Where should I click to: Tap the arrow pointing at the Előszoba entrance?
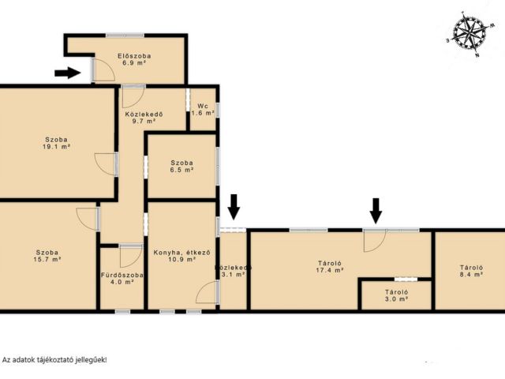[x=68, y=73]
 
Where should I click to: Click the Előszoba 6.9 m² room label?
[x=134, y=59]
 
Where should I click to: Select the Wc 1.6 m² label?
[x=203, y=110]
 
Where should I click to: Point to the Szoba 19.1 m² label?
[x=56, y=143]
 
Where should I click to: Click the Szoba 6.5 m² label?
[x=182, y=167]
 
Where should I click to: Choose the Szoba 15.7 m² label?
[x=47, y=256]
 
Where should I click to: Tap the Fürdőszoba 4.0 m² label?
[x=122, y=279]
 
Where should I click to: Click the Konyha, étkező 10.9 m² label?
[x=182, y=256]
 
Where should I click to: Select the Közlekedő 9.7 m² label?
[x=144, y=118]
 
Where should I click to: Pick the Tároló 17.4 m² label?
[x=329, y=267]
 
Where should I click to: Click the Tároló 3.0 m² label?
[x=397, y=295]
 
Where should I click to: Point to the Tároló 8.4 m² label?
[x=471, y=271]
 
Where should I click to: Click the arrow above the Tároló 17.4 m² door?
[x=376, y=211]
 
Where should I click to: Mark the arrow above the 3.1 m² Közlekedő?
[x=234, y=207]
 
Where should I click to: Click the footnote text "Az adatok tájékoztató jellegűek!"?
[x=54, y=360]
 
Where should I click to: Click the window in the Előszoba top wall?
[x=125, y=35]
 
